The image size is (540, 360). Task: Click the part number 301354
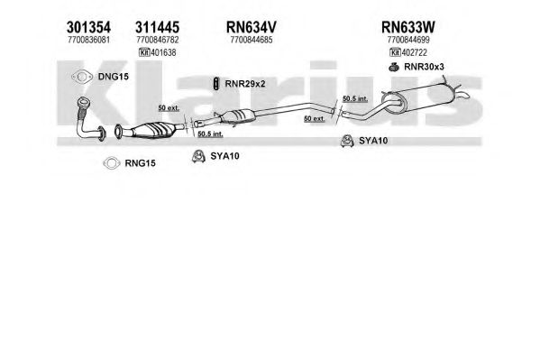(x=88, y=27)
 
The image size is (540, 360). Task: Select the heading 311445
(x=158, y=27)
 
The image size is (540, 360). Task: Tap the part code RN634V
(x=251, y=27)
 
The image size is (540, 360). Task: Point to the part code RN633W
(x=408, y=27)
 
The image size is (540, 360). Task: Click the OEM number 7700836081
(x=88, y=40)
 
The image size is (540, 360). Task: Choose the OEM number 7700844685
(x=251, y=40)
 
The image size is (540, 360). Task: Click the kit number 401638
(x=163, y=52)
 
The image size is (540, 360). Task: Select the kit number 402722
(x=415, y=52)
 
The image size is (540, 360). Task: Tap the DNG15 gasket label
(x=114, y=77)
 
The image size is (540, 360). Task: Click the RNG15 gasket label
(x=140, y=163)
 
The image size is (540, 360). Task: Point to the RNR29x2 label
(x=245, y=84)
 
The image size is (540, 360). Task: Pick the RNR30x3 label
(x=424, y=67)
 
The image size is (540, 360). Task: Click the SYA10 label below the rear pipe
(x=373, y=141)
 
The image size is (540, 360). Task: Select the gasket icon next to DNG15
(x=82, y=77)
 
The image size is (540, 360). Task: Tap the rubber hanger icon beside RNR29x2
(x=216, y=83)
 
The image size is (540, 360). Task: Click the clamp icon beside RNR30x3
(x=394, y=67)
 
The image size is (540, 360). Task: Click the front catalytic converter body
(x=151, y=130)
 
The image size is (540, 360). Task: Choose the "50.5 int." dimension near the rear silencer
(x=355, y=99)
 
